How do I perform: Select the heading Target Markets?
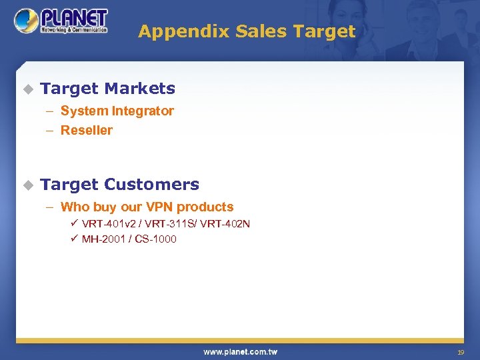point(107,88)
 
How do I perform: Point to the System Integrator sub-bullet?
point(117,111)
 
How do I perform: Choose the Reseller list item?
point(86,130)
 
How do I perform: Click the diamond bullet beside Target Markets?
point(27,89)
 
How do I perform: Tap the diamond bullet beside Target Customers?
point(27,185)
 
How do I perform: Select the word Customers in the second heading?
point(151,185)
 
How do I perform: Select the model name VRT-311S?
point(164,224)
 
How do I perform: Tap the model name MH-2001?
point(104,239)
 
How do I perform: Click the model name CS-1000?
point(155,239)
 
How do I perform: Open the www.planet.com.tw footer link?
point(240,352)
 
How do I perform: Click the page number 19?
point(460,352)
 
